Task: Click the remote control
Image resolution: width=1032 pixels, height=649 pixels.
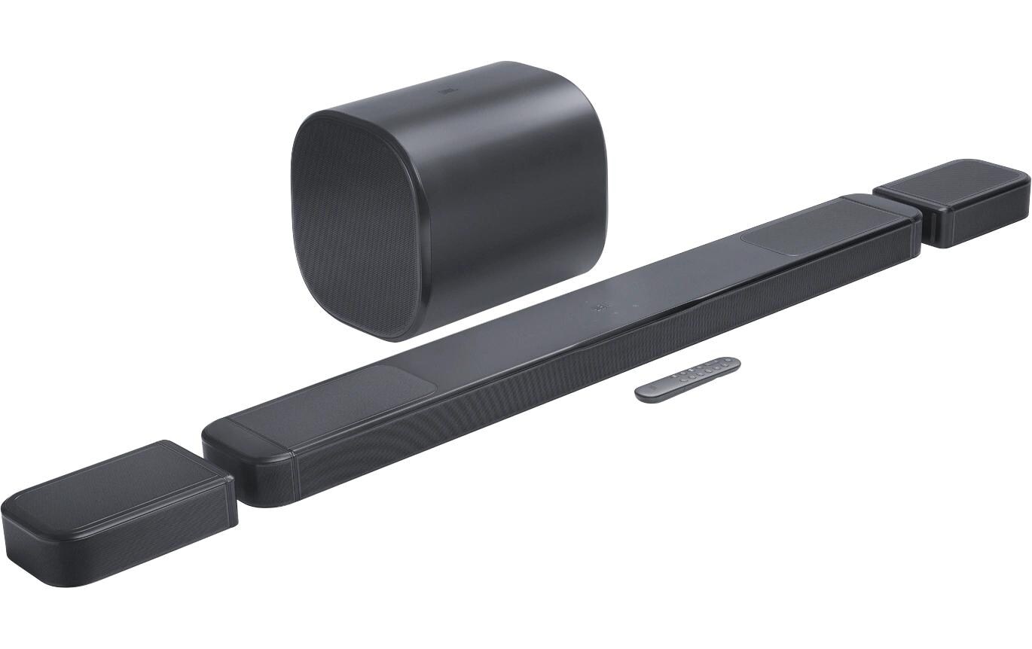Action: [687, 379]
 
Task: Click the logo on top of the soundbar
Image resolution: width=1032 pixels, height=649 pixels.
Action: [600, 307]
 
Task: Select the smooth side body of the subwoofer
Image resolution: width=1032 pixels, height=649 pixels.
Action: [520, 181]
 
